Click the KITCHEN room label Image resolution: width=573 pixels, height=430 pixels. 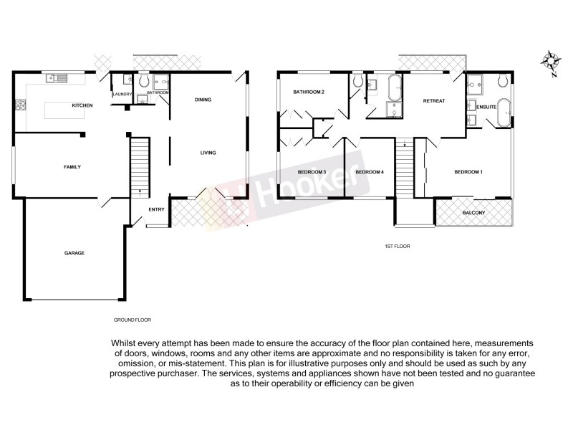click(x=82, y=106)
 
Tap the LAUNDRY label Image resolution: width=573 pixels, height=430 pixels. click(x=122, y=93)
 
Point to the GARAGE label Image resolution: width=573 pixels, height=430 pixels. click(x=74, y=253)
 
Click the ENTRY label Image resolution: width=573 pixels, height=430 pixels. click(x=156, y=209)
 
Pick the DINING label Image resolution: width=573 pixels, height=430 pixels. click(x=203, y=100)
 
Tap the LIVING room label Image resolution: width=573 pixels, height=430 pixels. click(x=208, y=153)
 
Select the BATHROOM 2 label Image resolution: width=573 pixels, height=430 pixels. click(x=309, y=92)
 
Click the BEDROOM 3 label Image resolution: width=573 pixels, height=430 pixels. click(x=312, y=172)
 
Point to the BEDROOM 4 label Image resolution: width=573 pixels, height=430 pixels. click(x=370, y=172)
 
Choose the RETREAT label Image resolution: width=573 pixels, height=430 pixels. click(x=434, y=101)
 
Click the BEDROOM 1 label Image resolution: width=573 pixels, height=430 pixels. click(x=469, y=172)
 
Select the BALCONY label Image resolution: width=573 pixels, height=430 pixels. click(x=473, y=213)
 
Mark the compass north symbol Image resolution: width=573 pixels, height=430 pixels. click(x=551, y=62)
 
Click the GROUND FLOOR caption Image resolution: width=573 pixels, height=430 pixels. click(x=133, y=320)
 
